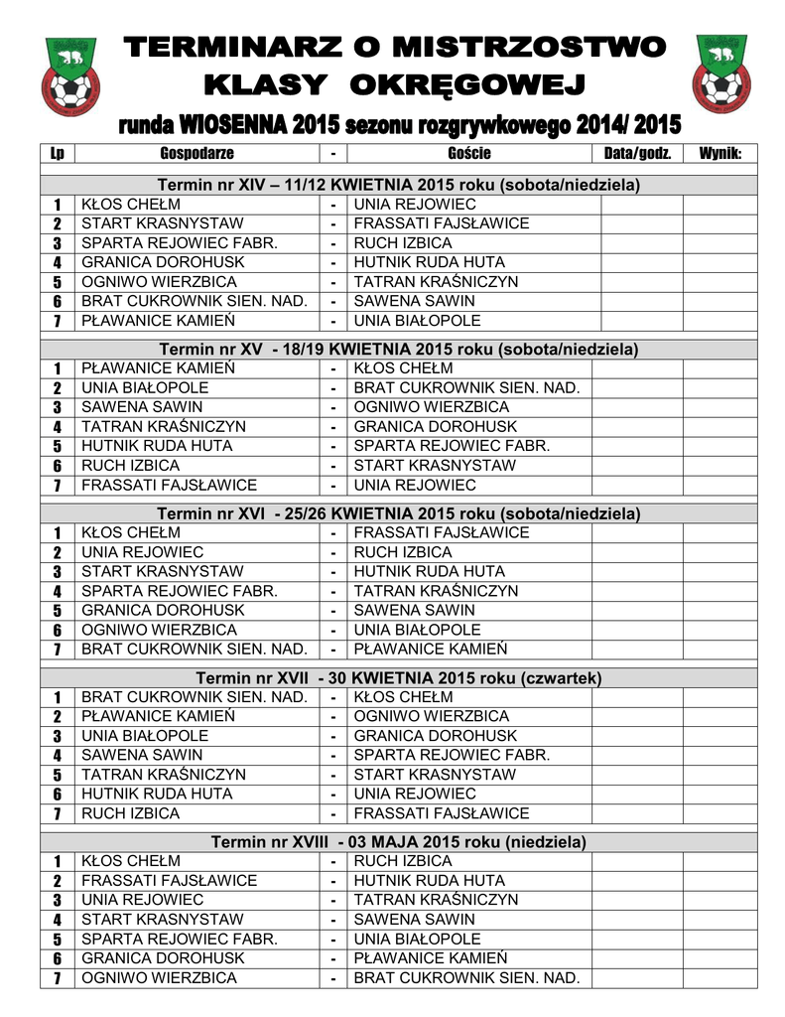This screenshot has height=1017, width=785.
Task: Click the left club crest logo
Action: click(x=69, y=74)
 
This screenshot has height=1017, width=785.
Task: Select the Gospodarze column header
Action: click(x=196, y=153)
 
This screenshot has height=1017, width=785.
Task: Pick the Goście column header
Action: click(x=469, y=153)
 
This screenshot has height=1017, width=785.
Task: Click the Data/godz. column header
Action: click(x=638, y=153)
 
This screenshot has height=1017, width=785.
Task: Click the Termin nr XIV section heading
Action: click(x=399, y=185)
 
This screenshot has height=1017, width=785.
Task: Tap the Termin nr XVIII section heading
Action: click(x=399, y=841)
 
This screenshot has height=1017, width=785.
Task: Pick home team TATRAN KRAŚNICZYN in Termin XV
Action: click(x=164, y=426)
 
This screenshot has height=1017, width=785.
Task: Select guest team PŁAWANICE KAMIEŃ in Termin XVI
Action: click(x=431, y=650)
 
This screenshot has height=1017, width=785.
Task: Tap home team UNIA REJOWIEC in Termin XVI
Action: click(x=142, y=552)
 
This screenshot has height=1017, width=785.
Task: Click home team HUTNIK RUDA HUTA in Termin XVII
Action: click(x=157, y=794)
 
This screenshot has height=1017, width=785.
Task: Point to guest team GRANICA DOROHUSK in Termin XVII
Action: click(x=436, y=736)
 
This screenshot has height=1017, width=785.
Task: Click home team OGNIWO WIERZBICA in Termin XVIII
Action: click(x=159, y=977)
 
